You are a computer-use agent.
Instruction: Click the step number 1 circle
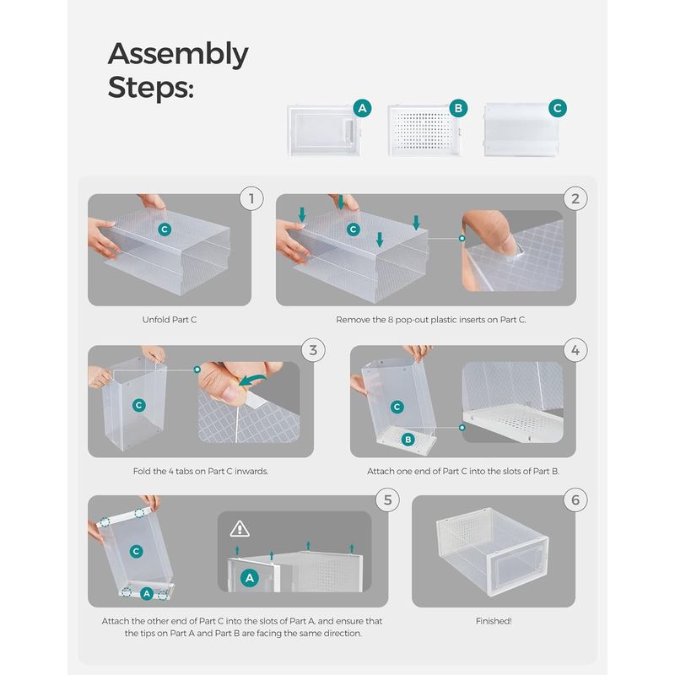tap(251, 199)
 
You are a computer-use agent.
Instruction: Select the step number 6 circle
tap(575, 499)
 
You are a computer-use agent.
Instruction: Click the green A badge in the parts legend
tap(362, 109)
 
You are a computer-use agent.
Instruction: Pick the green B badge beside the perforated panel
tap(458, 109)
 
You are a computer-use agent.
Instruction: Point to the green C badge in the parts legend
tap(557, 109)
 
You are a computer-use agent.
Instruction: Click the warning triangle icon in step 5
tap(240, 529)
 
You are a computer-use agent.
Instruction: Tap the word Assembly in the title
tap(178, 54)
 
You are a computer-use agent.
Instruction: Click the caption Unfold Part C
tap(170, 320)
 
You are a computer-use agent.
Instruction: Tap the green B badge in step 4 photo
tap(407, 440)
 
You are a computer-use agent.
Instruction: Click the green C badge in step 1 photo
tap(165, 229)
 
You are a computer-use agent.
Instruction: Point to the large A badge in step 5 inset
tap(249, 578)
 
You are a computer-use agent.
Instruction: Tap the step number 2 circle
tap(575, 199)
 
